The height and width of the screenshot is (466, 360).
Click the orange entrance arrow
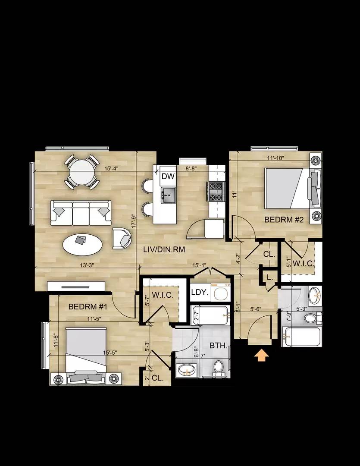(x=262, y=355)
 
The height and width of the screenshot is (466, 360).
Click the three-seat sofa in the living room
(x=81, y=213)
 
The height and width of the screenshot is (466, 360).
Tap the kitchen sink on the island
(x=169, y=195)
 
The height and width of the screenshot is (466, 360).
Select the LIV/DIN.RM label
(x=162, y=249)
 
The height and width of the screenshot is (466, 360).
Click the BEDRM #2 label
(x=284, y=220)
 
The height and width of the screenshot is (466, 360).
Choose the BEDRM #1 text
(x=88, y=307)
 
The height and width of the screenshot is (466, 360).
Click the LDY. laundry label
(x=200, y=292)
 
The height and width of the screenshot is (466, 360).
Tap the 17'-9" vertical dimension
(x=134, y=221)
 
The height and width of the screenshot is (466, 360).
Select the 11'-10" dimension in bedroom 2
(x=275, y=158)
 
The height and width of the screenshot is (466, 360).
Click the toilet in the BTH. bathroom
(x=219, y=368)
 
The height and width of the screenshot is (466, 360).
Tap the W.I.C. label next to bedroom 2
(x=303, y=263)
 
